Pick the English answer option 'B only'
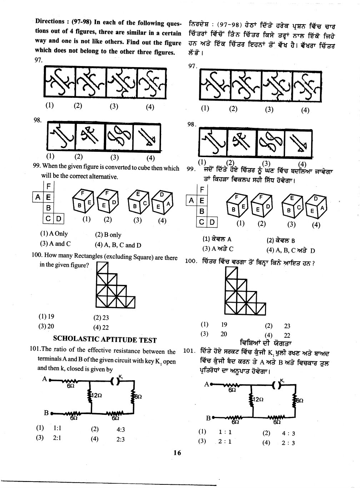point(111,235)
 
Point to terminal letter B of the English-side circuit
point(46,413)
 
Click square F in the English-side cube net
point(48,186)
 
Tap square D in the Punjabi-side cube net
point(212,222)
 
